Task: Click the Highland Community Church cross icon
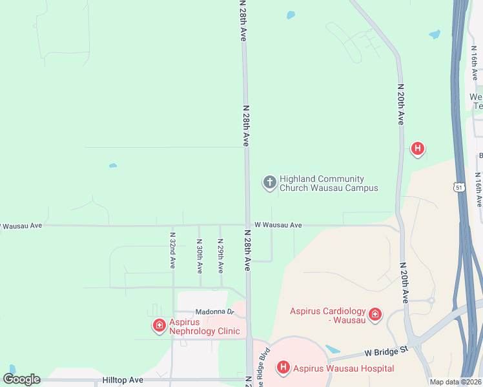[269, 183]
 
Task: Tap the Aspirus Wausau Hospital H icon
[283, 368]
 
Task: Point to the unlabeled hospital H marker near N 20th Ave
[418, 149]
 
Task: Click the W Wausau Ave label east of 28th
[278, 225]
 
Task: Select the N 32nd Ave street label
[172, 250]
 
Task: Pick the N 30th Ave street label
[200, 255]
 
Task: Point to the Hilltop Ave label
[123, 381]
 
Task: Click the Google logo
[21, 379]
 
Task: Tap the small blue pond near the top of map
[291, 14]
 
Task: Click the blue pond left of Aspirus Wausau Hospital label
[333, 349]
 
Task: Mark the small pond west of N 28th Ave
[113, 166]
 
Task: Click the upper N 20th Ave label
[401, 103]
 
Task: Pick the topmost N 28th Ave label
[243, 21]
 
